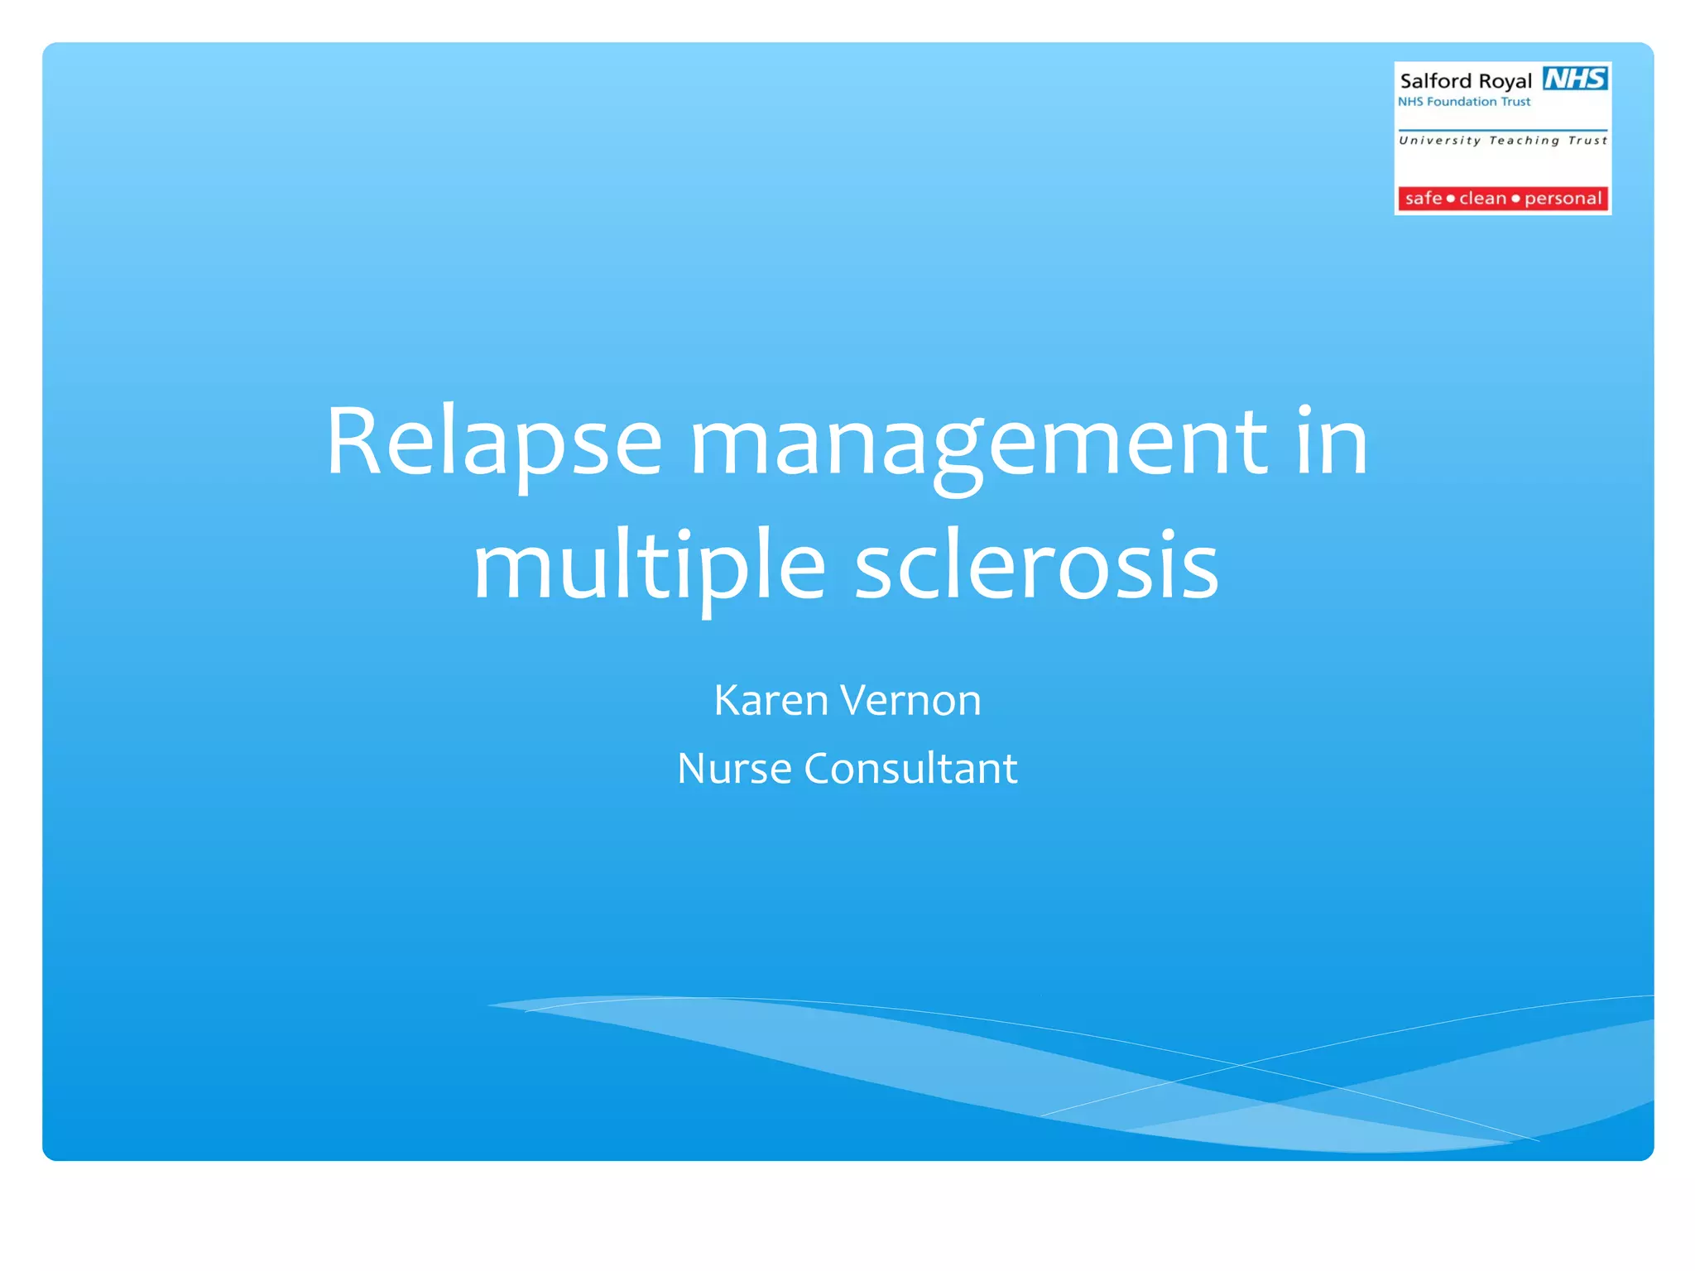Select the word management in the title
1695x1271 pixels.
tap(978, 447)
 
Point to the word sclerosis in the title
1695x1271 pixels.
tap(1036, 567)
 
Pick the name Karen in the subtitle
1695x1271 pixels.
tap(771, 701)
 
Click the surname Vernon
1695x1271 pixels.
tap(910, 701)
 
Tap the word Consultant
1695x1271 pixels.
tap(910, 769)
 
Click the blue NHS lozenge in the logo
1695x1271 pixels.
tap(1575, 79)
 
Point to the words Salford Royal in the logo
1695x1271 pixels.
tap(1466, 81)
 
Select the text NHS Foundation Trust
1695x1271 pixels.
tap(1463, 102)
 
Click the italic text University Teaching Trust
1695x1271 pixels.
tap(1502, 141)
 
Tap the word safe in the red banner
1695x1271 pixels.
tap(1424, 199)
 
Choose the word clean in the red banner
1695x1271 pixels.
tap(1482, 199)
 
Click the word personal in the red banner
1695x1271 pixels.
tap(1563, 199)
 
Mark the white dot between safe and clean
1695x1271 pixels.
tap(1450, 199)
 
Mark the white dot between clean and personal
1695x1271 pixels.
tap(1515, 199)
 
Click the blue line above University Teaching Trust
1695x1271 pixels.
tap(1502, 131)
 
